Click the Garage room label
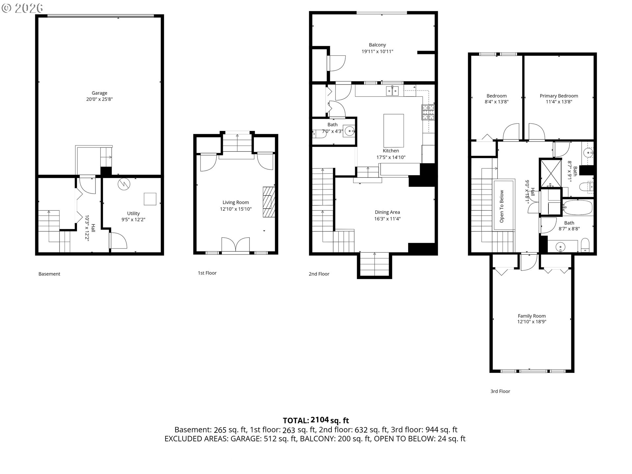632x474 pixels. click(99, 93)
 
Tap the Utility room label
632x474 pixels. click(133, 213)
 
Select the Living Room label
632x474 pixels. click(236, 202)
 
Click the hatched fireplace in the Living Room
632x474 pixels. click(268, 202)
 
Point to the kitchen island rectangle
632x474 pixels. click(394, 131)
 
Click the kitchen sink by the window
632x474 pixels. click(393, 91)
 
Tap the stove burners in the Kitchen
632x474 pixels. click(428, 112)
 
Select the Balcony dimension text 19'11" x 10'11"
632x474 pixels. click(377, 51)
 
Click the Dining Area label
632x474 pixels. click(387, 212)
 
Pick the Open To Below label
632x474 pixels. click(502, 206)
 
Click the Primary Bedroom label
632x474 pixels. click(559, 96)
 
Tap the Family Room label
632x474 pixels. click(532, 316)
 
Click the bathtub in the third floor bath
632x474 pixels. click(577, 208)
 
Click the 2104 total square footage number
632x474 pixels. click(320, 420)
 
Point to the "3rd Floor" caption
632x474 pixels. click(500, 391)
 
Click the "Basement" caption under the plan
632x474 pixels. click(49, 274)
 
